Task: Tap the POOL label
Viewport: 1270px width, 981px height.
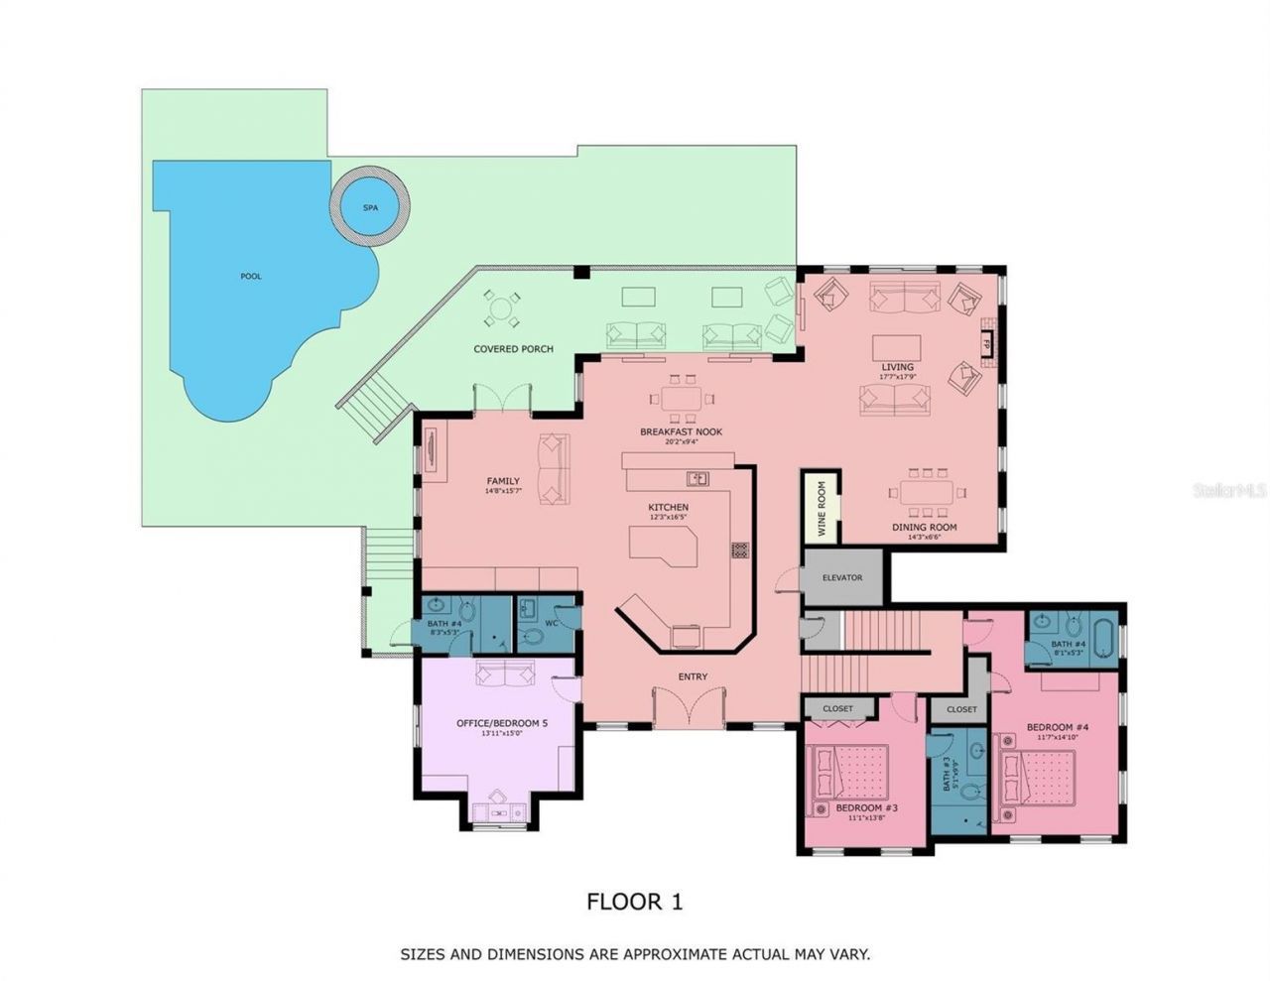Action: tap(251, 276)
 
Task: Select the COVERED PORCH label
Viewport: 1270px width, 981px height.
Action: tap(513, 349)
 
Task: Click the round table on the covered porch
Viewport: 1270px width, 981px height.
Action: tap(502, 309)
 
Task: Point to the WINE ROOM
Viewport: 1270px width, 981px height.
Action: tap(822, 507)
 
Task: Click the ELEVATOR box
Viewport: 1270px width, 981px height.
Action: tap(842, 577)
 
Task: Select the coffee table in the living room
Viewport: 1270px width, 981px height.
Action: tap(896, 348)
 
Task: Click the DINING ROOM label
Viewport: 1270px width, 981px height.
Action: tap(924, 528)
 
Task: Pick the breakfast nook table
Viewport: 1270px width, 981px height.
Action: tap(681, 401)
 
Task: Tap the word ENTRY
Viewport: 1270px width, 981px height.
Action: tap(693, 676)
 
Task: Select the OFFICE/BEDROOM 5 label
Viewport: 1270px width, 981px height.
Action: tap(501, 723)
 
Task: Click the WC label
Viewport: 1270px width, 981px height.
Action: tap(551, 623)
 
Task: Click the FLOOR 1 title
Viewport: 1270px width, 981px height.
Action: tap(635, 902)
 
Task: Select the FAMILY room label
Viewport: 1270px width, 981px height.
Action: tap(503, 481)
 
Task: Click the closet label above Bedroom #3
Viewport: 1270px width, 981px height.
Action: tap(837, 709)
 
